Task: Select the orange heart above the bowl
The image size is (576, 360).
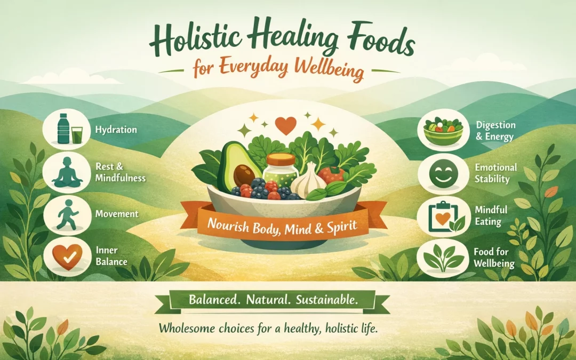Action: [287, 126]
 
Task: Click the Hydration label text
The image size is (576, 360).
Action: [116, 130]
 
